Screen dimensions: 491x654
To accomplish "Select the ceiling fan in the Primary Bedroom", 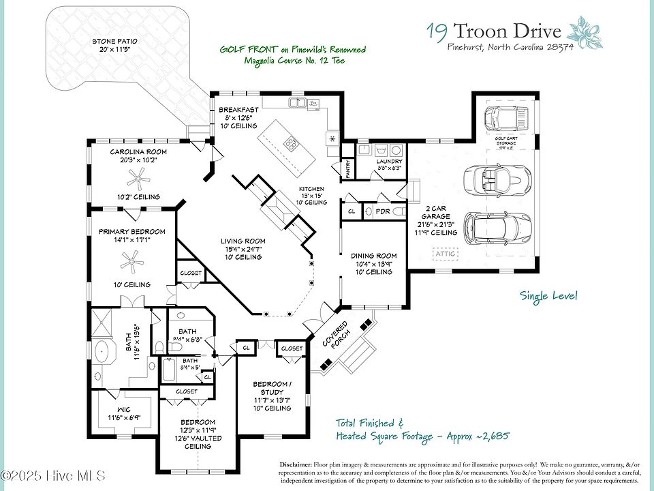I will [x=132, y=260].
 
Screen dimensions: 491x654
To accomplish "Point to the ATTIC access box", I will [x=447, y=254].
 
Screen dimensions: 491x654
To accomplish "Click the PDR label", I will [x=383, y=212].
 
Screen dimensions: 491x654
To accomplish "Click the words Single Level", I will [x=548, y=296].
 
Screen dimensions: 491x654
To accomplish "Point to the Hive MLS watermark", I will [x=52, y=475].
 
